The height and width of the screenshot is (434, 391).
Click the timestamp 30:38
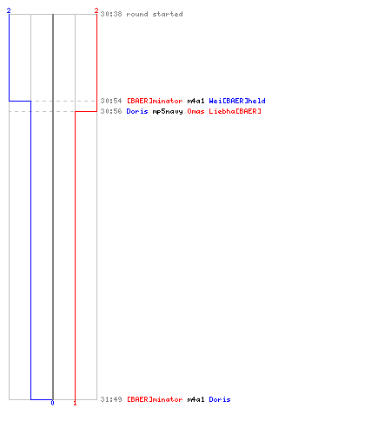pos(111,14)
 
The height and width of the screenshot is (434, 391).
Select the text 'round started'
pos(155,14)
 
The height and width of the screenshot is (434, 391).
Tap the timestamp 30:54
pos(111,101)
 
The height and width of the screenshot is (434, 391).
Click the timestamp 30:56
pos(111,111)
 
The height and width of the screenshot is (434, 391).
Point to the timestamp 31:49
pos(111,399)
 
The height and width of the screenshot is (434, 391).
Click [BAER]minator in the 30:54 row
pos(155,101)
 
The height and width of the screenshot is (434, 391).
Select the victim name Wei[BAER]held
pos(237,101)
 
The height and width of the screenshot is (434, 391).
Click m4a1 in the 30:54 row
pos(195,101)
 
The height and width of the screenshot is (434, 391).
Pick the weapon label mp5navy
pos(168,111)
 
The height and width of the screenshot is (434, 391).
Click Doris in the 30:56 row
pos(137,111)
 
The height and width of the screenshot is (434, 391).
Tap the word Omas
pos(195,111)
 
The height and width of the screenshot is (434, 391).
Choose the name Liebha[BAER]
pos(235,111)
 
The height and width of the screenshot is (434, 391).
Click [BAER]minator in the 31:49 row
pos(155,399)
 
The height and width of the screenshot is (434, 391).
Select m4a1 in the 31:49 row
pos(195,399)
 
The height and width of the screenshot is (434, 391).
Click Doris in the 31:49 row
pos(220,399)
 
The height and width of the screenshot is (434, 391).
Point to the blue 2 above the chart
pos(9,10)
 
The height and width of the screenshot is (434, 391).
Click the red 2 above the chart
pos(96,10)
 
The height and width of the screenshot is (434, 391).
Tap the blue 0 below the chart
pos(52,403)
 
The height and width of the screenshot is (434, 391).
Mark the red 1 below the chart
pos(75,403)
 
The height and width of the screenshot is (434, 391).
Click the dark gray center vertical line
pos(53,207)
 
